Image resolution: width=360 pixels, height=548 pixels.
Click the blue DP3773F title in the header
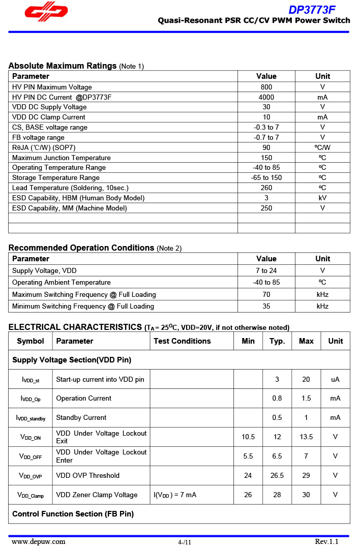(312, 10)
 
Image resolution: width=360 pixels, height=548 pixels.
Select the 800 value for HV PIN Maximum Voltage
(266, 87)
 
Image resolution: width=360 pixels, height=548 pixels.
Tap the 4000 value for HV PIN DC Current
(266, 97)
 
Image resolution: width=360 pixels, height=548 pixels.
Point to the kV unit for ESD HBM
(322, 198)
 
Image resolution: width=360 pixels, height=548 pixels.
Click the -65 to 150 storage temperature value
(266, 177)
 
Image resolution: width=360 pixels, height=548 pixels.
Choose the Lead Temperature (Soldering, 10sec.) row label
(70, 188)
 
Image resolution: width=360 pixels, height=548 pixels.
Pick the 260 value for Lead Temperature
(266, 188)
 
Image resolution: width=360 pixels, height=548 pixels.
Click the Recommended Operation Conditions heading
(81, 248)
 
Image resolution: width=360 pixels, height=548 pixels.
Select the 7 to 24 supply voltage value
(266, 270)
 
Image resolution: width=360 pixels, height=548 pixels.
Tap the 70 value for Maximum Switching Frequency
(266, 294)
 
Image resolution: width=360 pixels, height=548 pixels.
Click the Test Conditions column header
(182, 341)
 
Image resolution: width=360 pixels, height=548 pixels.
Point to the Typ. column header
(277, 341)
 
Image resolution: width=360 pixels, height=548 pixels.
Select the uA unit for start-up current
(335, 379)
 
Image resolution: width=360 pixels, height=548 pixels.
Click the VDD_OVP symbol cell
(31, 476)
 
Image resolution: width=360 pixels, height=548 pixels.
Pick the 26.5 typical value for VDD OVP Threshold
(277, 475)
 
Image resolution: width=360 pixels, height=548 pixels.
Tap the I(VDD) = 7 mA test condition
(175, 495)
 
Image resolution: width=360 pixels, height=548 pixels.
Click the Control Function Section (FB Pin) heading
(73, 514)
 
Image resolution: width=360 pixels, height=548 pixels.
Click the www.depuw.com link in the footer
(39, 541)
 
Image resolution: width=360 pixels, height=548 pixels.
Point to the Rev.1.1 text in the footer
(326, 541)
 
